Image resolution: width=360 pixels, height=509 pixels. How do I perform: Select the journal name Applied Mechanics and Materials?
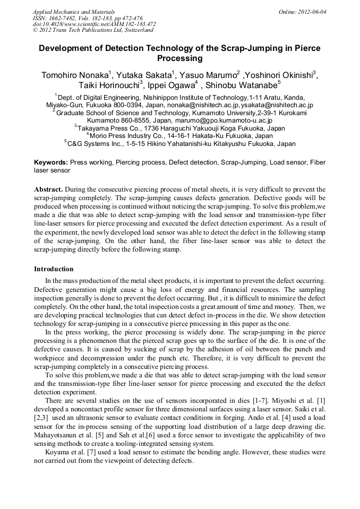point(73,11)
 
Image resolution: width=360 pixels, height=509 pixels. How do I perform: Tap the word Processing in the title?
point(179,58)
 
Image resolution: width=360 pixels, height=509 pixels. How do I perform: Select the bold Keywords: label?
point(51,162)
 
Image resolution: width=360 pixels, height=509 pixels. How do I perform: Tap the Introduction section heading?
point(54,269)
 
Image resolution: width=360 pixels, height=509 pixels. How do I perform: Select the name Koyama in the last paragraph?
point(57,453)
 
